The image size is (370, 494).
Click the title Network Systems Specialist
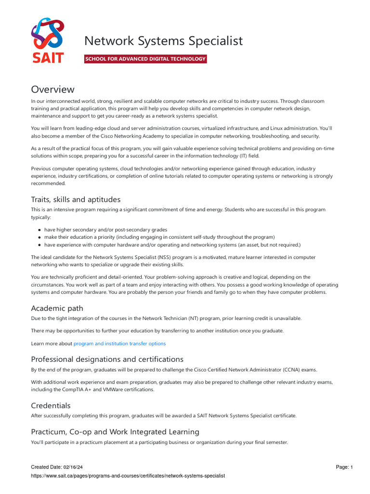pyautogui.click(x=163, y=41)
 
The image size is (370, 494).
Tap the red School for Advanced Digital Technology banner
pyautogui.click(x=145, y=59)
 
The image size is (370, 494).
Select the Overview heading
pyautogui.click(x=53, y=89)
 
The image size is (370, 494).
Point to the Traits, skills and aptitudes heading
pyautogui.click(x=76, y=199)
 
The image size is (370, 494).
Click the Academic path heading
pyautogui.click(x=57, y=308)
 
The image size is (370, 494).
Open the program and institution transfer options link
pyautogui.click(x=119, y=343)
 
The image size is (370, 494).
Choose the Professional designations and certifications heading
pyautogui.click(x=107, y=359)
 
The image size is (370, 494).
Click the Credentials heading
pyautogui.click(x=51, y=405)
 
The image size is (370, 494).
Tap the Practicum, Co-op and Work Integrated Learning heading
pyautogui.click(x=115, y=431)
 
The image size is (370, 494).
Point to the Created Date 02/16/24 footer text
pyautogui.click(x=60, y=467)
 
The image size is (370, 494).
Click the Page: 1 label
pyautogui.click(x=344, y=467)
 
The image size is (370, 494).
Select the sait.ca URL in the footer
pyautogui.click(x=128, y=476)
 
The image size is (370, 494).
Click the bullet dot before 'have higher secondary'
pyautogui.click(x=40, y=230)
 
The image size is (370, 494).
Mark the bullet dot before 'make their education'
pyautogui.click(x=40, y=237)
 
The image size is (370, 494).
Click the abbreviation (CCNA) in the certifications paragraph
pyautogui.click(x=290, y=370)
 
